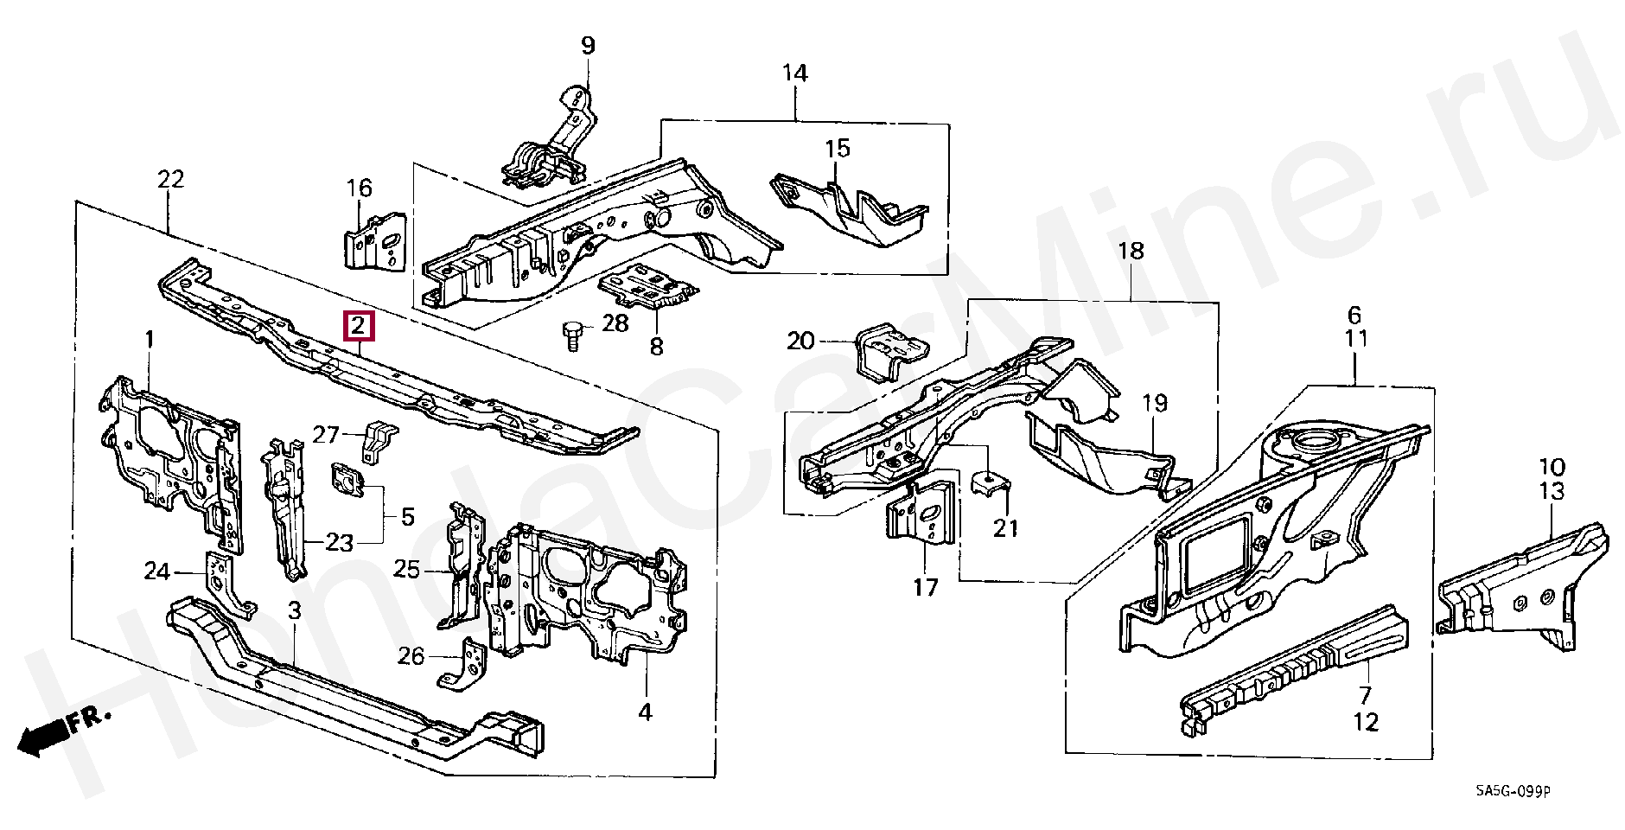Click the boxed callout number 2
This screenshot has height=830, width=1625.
tap(358, 326)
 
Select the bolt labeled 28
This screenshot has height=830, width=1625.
tap(571, 335)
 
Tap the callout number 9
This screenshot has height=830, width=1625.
tap(588, 45)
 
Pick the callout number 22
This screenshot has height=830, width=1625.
tap(170, 179)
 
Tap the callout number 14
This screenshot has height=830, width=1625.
tap(794, 73)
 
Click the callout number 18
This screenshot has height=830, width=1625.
tap(1131, 251)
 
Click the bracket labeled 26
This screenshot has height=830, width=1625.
tap(465, 666)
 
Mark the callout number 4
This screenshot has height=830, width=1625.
tap(645, 712)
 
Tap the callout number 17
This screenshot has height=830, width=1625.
tap(925, 588)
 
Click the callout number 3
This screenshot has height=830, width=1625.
tap(294, 610)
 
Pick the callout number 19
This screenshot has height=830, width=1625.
tap(1154, 403)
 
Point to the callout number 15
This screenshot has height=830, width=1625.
tap(837, 149)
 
